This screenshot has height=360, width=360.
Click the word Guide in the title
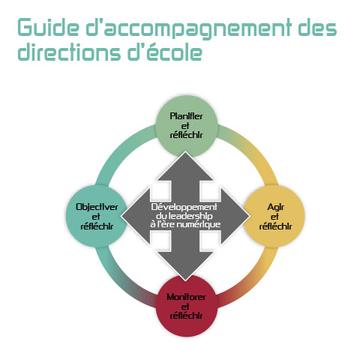[x=48, y=27]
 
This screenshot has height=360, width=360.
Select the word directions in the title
[x=70, y=52]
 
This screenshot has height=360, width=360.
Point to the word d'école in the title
[x=165, y=52]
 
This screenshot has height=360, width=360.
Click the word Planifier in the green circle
[x=186, y=116]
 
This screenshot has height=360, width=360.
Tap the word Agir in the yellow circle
[x=275, y=207]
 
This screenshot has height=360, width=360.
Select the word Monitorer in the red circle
[x=186, y=297]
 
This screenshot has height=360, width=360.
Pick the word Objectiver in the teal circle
[x=97, y=207]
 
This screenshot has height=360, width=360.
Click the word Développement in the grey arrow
[x=184, y=207]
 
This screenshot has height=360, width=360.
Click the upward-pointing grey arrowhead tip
[x=185, y=151]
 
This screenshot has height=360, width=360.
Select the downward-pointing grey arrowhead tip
[x=185, y=280]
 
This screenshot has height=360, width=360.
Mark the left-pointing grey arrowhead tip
[x=121, y=216]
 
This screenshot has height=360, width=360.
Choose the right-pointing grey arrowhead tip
[x=250, y=216]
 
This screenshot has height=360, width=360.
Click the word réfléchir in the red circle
[x=186, y=316]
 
